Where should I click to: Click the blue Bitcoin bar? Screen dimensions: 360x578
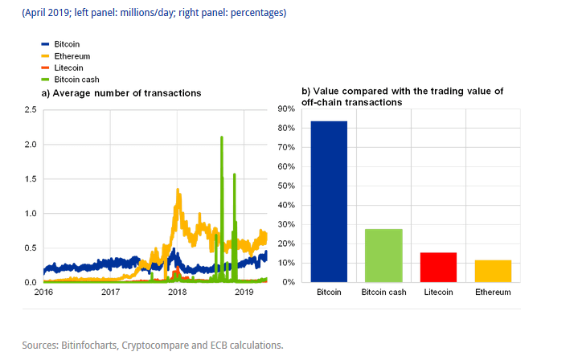(330, 201)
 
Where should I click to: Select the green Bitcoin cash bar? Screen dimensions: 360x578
(383, 256)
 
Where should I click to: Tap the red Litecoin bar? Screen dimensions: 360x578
(438, 268)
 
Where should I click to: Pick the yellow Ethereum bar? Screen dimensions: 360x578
(492, 271)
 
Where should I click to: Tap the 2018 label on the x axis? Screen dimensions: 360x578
(177, 292)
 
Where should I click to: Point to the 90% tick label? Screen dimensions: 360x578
(285, 109)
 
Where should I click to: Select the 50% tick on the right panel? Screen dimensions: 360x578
(285, 186)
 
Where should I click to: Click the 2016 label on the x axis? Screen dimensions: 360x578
(43, 292)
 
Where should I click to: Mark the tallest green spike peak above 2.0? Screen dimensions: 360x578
(221, 137)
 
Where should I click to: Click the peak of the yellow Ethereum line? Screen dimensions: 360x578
(177, 190)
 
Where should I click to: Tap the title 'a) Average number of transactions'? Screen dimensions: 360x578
(121, 94)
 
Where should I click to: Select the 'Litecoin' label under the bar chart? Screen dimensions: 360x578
(438, 292)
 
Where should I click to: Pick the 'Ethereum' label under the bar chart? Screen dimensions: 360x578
(492, 292)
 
